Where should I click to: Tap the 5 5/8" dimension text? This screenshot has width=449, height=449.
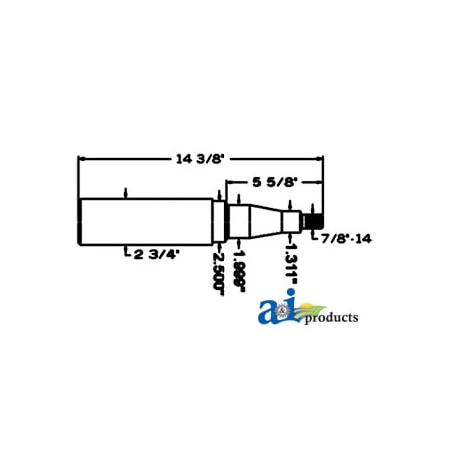pyautogui.click(x=270, y=181)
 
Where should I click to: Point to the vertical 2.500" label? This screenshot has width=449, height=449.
pyautogui.click(x=218, y=266)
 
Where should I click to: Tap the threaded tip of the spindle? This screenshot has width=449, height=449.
pyautogui.click(x=314, y=219)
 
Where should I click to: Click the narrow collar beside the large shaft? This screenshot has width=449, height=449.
pyautogui.click(x=217, y=219)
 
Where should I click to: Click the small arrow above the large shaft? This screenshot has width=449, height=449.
pyautogui.click(x=125, y=192)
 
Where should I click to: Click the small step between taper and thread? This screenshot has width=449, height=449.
pyautogui.click(x=290, y=219)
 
